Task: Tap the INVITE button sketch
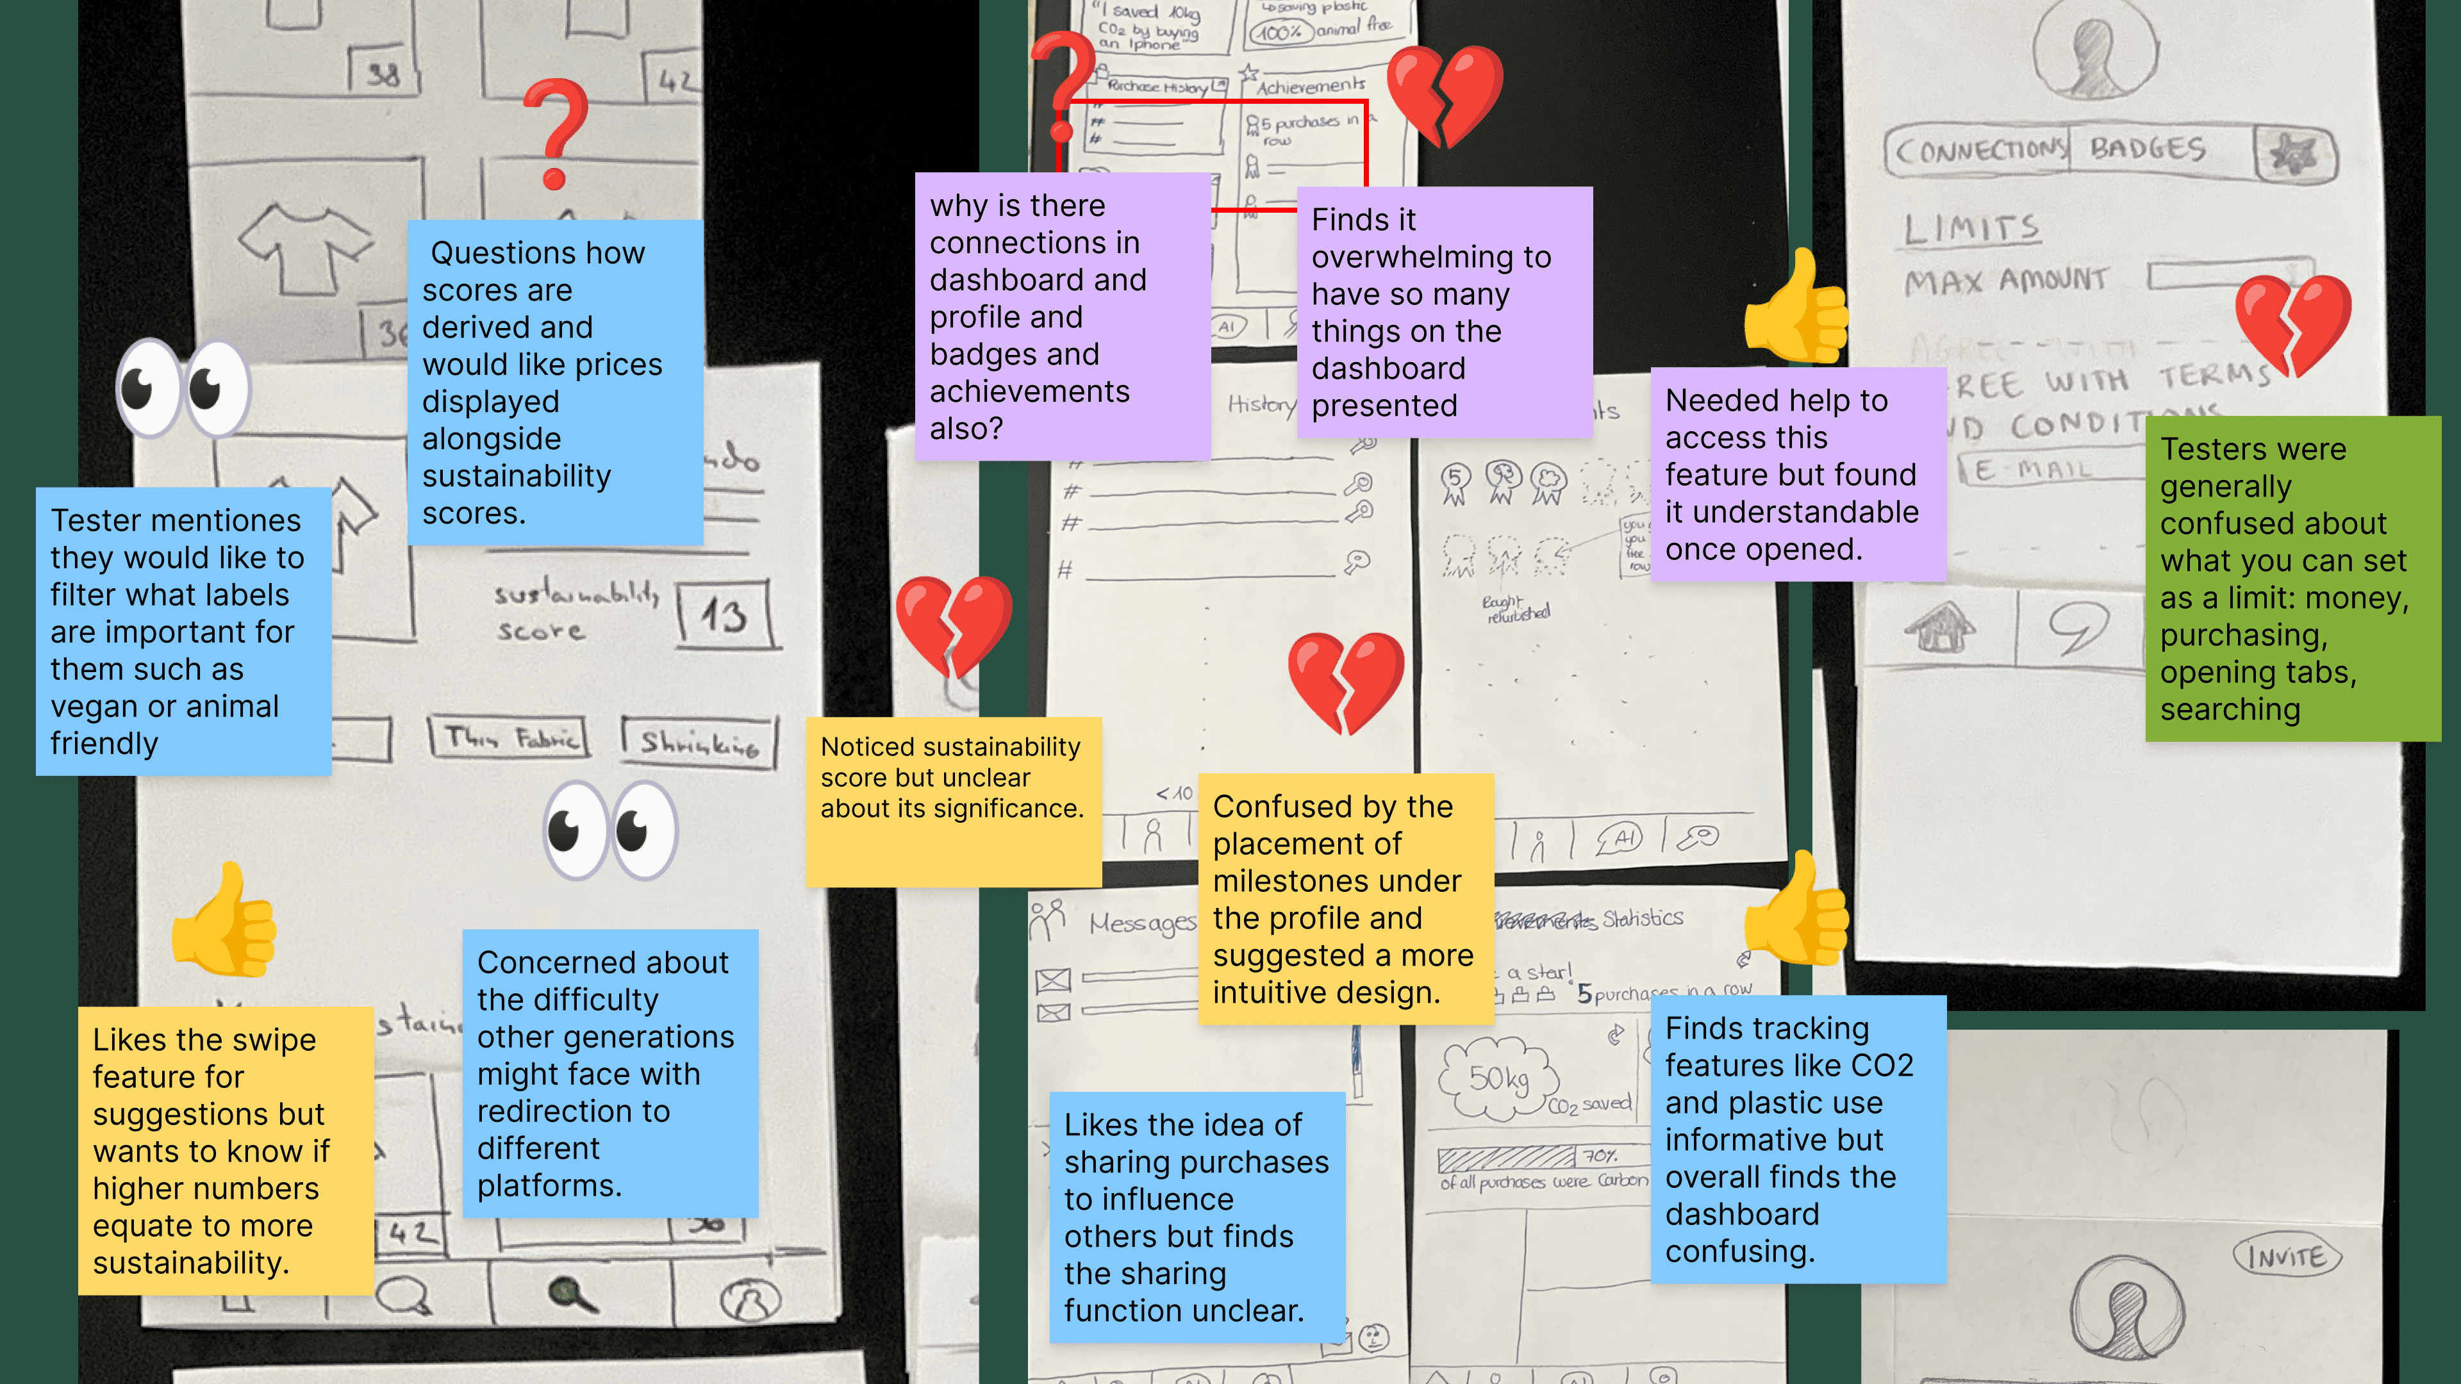click(2286, 1256)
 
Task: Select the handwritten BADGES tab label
click(2148, 149)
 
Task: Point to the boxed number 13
click(723, 616)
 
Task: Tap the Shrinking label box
click(699, 741)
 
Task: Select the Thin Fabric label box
click(508, 737)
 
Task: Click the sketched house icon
click(1939, 627)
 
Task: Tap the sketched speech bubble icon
click(2077, 627)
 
